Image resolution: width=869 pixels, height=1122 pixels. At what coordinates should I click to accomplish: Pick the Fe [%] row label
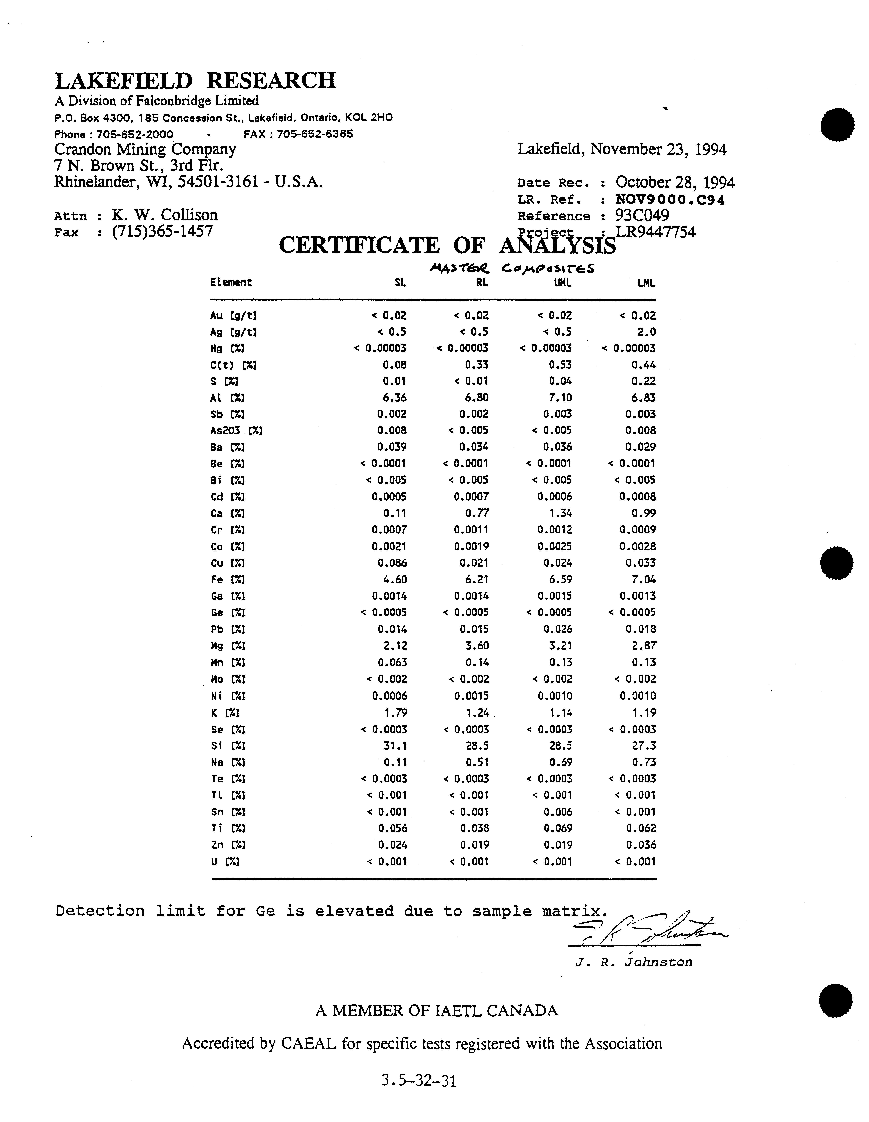tap(227, 579)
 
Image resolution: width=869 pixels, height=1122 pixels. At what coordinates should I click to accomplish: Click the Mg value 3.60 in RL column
tap(476, 646)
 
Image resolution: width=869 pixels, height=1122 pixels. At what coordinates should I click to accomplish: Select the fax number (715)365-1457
tap(162, 231)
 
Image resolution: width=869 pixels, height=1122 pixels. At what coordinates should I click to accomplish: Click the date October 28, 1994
tap(675, 182)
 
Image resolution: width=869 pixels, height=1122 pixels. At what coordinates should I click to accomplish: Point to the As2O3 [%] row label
tap(236, 431)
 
